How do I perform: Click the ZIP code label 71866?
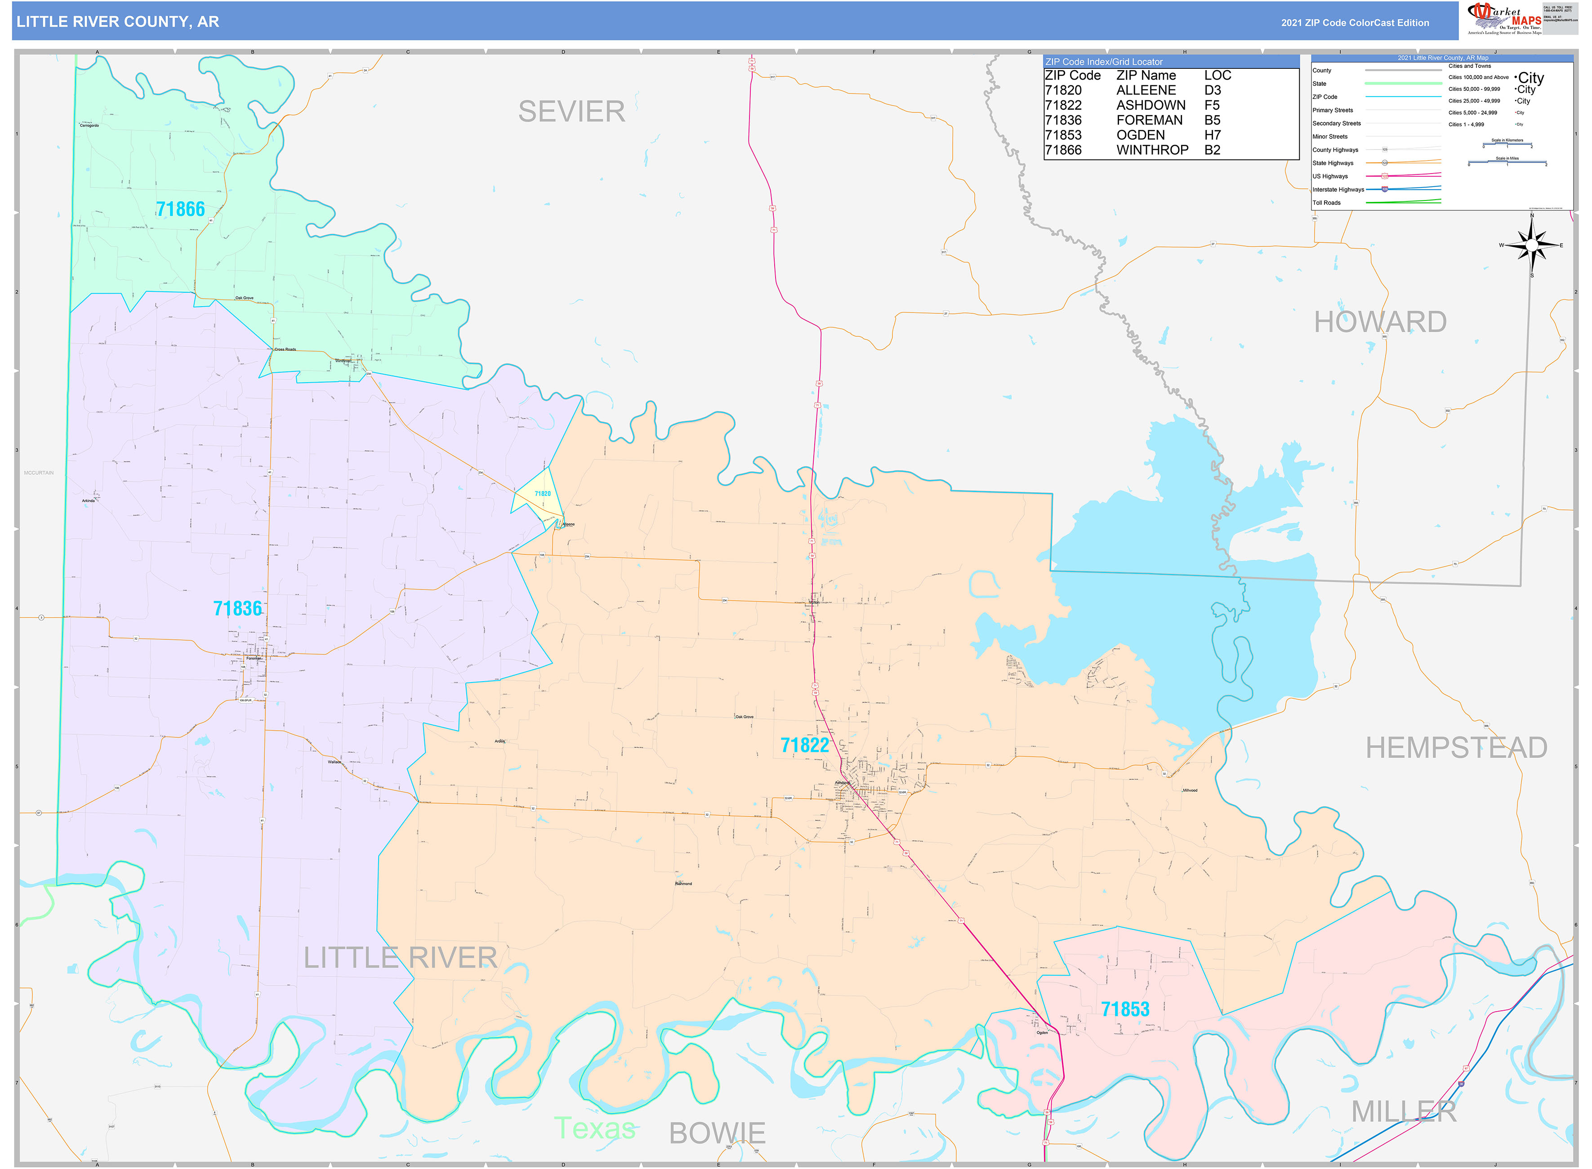click(180, 210)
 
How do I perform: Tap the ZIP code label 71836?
click(238, 609)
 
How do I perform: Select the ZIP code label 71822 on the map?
click(804, 745)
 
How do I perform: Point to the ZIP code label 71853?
click(1125, 1009)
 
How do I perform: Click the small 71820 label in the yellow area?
click(543, 494)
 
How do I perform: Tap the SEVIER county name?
click(572, 112)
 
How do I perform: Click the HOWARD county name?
click(1380, 322)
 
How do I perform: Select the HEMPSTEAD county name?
click(1456, 748)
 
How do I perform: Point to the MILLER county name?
click(1404, 1112)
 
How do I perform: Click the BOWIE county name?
click(717, 1133)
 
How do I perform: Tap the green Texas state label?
click(594, 1129)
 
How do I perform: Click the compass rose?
click(1532, 245)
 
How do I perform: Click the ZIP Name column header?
click(1146, 76)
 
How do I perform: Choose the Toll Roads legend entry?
click(1327, 203)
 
